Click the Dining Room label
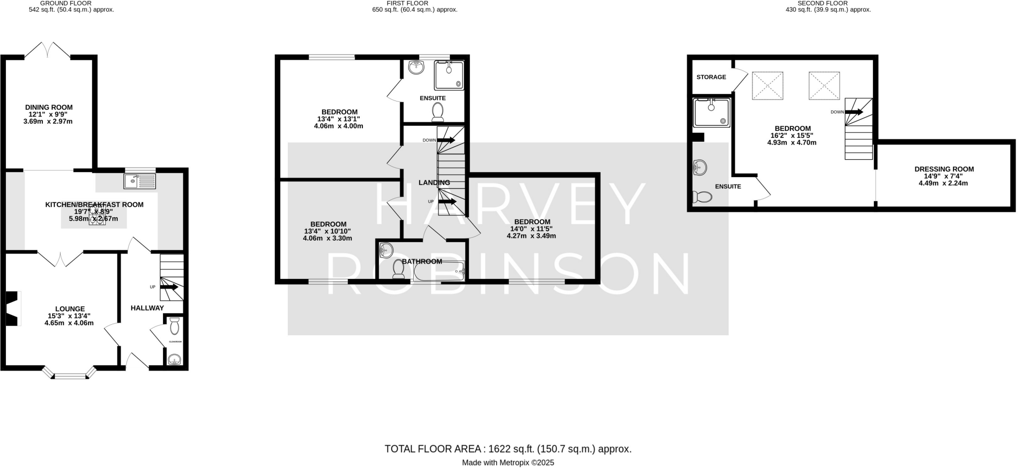pos(49,107)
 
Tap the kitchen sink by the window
pos(140,181)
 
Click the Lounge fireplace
pos(12,308)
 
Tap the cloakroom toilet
pos(174,326)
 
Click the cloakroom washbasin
pos(173,360)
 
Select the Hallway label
pos(147,308)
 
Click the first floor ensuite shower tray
pos(449,75)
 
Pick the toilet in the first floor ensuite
pos(438,112)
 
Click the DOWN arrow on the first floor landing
pos(445,140)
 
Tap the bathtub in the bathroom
pos(438,272)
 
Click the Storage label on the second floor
pos(711,77)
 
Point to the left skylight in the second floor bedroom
pos(767,86)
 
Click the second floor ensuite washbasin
pos(700,168)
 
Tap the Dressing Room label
pos(943,169)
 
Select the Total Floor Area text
pos(508,449)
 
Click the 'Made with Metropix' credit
pos(508,463)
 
